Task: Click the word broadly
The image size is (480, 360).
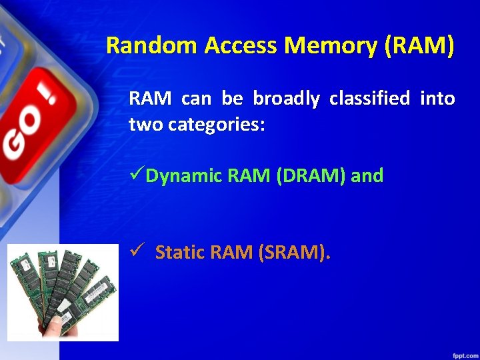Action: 286,99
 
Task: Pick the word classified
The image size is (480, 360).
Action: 369,99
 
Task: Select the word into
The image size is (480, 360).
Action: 438,99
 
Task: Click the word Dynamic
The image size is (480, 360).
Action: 184,176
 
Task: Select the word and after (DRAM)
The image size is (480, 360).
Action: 369,176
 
